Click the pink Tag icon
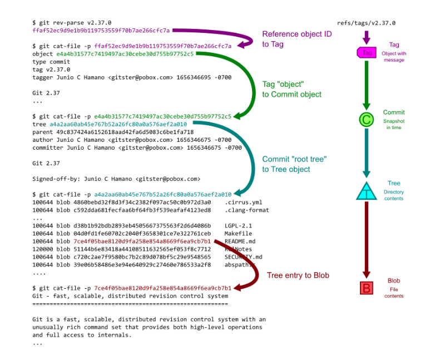pyautogui.click(x=367, y=52)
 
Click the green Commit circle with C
pyautogui.click(x=367, y=119)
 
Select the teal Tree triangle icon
pyautogui.click(x=367, y=192)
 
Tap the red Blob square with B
pyautogui.click(x=367, y=288)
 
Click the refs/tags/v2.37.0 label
pyautogui.click(x=366, y=23)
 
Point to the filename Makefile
pyautogui.click(x=238, y=234)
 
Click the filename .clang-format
pyautogui.click(x=247, y=210)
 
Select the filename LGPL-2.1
pyautogui.click(x=238, y=226)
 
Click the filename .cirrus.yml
pyautogui.click(x=244, y=203)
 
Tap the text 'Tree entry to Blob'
pyautogui.click(x=298, y=275)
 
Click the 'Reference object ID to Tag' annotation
pyautogui.click(x=297, y=39)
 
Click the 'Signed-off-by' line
pyautogui.click(x=116, y=179)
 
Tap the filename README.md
pyautogui.click(x=240, y=241)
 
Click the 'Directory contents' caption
pyautogui.click(x=394, y=195)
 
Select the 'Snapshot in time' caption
pyautogui.click(x=394, y=124)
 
